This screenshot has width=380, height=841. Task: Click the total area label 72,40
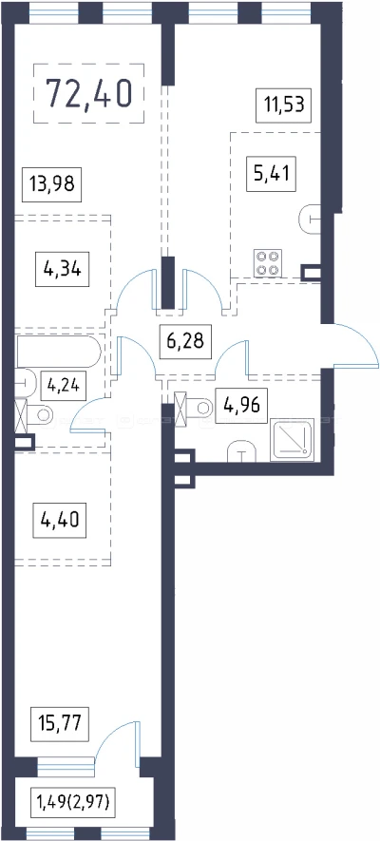[x=88, y=92]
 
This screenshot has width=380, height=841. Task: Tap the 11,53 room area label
[x=283, y=105]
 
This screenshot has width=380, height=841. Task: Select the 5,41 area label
[x=271, y=173]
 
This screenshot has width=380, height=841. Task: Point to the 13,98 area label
[x=52, y=184]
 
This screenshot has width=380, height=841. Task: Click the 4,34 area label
[x=62, y=268]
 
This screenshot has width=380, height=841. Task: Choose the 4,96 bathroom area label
[x=241, y=405]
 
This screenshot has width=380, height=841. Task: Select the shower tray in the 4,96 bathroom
[x=293, y=439]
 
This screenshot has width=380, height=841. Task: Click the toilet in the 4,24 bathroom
[x=35, y=414]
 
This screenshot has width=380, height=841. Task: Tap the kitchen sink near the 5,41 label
[x=310, y=220]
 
